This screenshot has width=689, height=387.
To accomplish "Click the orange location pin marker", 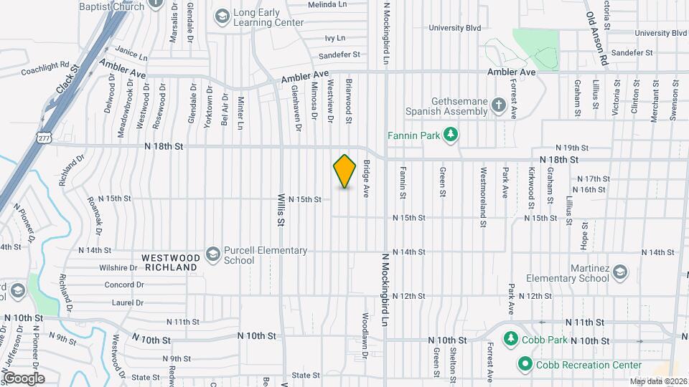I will pos(345,171).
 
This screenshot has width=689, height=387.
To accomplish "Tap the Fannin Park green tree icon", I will pos(451,134).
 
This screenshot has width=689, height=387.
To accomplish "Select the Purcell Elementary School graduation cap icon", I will pos(212,254).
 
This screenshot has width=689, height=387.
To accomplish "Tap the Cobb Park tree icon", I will pos(510,338).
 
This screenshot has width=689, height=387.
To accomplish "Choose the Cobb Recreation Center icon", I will pos(525,365).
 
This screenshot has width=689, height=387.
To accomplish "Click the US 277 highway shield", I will pos(44,137).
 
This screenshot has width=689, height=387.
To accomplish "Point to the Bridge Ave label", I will pos(365,178).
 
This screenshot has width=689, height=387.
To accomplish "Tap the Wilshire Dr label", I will pos(118,268).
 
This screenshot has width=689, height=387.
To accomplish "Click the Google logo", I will pos(23,378).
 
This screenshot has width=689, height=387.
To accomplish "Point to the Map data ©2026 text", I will pos(658,381).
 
